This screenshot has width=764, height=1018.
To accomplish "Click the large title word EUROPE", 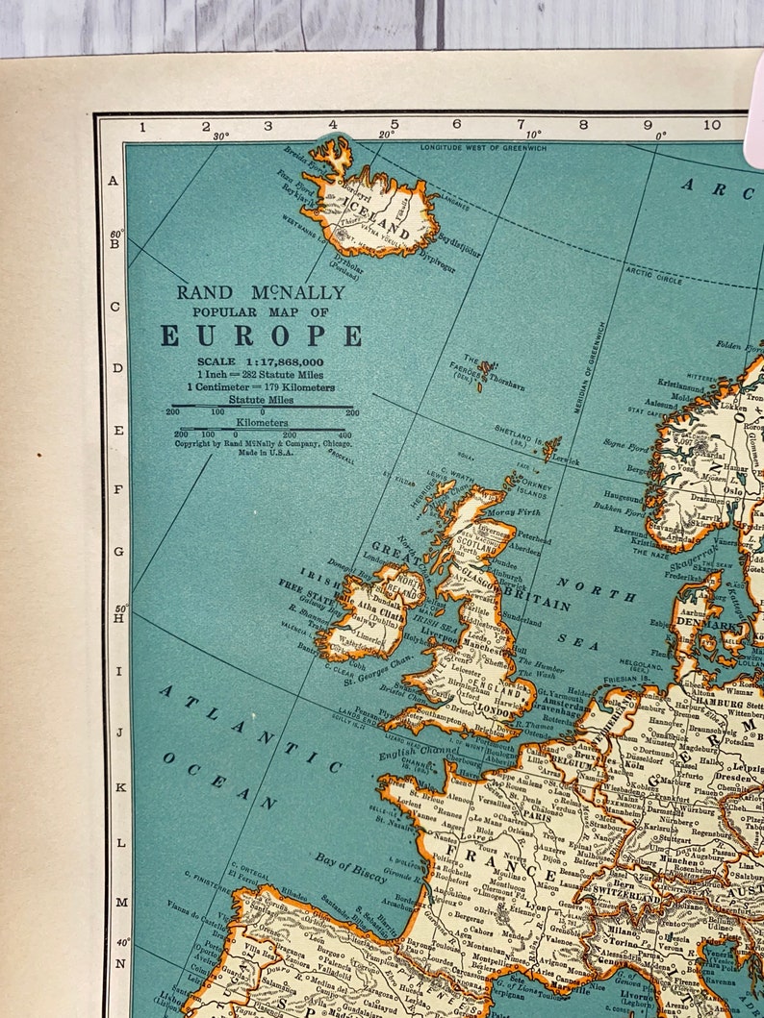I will point(261,335).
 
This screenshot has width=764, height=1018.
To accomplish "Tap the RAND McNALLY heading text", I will point(260,292).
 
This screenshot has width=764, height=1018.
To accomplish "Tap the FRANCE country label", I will point(505,862).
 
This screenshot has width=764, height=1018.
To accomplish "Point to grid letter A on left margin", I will point(115,181).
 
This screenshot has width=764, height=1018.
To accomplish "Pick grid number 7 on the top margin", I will point(521,125).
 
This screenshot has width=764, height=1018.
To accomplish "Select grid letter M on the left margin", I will point(119,902).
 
